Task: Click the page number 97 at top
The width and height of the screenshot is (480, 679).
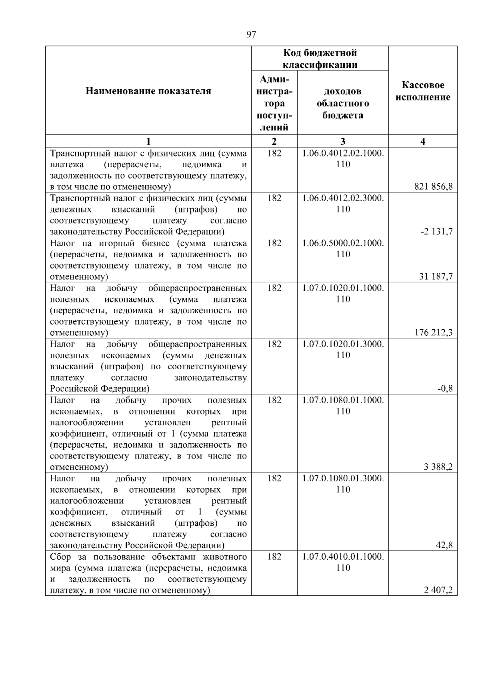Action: click(251, 34)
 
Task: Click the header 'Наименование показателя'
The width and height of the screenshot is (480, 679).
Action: click(148, 91)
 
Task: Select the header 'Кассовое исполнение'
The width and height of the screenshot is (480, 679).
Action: click(423, 91)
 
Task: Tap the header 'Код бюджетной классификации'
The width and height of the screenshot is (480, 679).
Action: click(320, 59)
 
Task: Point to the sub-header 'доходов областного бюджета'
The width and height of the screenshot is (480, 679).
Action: click(343, 103)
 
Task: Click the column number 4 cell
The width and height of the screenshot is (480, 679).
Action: click(423, 141)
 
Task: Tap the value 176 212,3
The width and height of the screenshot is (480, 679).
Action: click(434, 332)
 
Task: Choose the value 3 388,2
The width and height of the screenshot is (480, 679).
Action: click(438, 467)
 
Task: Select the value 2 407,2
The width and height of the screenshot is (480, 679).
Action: click(438, 590)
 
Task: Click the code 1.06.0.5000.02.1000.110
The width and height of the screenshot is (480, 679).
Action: click(343, 248)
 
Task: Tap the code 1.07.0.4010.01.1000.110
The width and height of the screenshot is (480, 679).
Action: click(343, 562)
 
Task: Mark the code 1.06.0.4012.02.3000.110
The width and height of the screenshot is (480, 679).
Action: click(343, 203)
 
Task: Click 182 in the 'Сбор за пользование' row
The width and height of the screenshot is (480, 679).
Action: click(274, 557)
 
